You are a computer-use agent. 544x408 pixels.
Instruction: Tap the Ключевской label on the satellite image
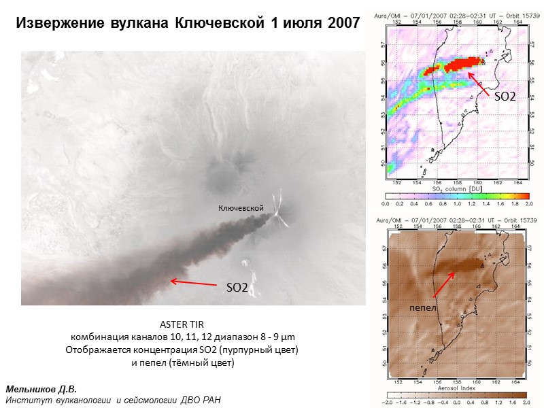[240, 207]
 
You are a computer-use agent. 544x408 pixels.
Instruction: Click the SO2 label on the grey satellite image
[237, 288]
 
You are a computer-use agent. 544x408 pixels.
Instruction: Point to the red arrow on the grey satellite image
[193, 281]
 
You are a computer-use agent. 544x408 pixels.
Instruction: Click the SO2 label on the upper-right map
[504, 97]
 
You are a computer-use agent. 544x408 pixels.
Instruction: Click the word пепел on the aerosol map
[422, 308]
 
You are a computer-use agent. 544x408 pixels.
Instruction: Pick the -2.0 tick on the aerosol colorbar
[388, 402]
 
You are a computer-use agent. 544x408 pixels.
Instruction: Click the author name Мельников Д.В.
[41, 389]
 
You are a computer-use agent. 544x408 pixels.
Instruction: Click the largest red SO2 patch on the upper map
[462, 64]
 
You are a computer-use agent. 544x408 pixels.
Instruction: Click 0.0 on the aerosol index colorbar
[455, 402]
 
